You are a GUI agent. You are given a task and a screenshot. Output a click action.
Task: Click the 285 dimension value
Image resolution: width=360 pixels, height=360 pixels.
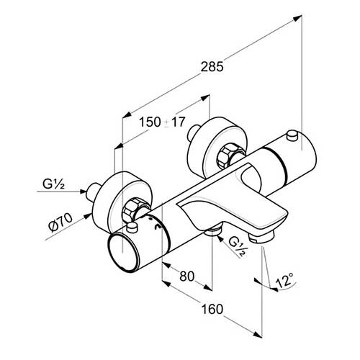[x=212, y=66]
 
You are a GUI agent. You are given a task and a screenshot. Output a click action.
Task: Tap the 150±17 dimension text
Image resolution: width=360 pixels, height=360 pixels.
[x=162, y=122]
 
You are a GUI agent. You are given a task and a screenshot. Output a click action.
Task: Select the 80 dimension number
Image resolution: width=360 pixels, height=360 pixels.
[x=186, y=276]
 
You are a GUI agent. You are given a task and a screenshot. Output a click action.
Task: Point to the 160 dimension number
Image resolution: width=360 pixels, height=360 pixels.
[x=212, y=309]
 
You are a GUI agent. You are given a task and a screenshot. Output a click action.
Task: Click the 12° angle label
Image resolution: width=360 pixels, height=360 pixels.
[x=285, y=280]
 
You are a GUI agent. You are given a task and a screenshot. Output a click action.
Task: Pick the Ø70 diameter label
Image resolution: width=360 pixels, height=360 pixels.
[x=60, y=222]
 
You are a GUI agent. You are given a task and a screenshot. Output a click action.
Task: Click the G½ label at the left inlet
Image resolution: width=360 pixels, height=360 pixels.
[x=53, y=184]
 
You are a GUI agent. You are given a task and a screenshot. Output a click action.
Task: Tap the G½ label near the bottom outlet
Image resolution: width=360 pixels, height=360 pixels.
[x=238, y=246]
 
